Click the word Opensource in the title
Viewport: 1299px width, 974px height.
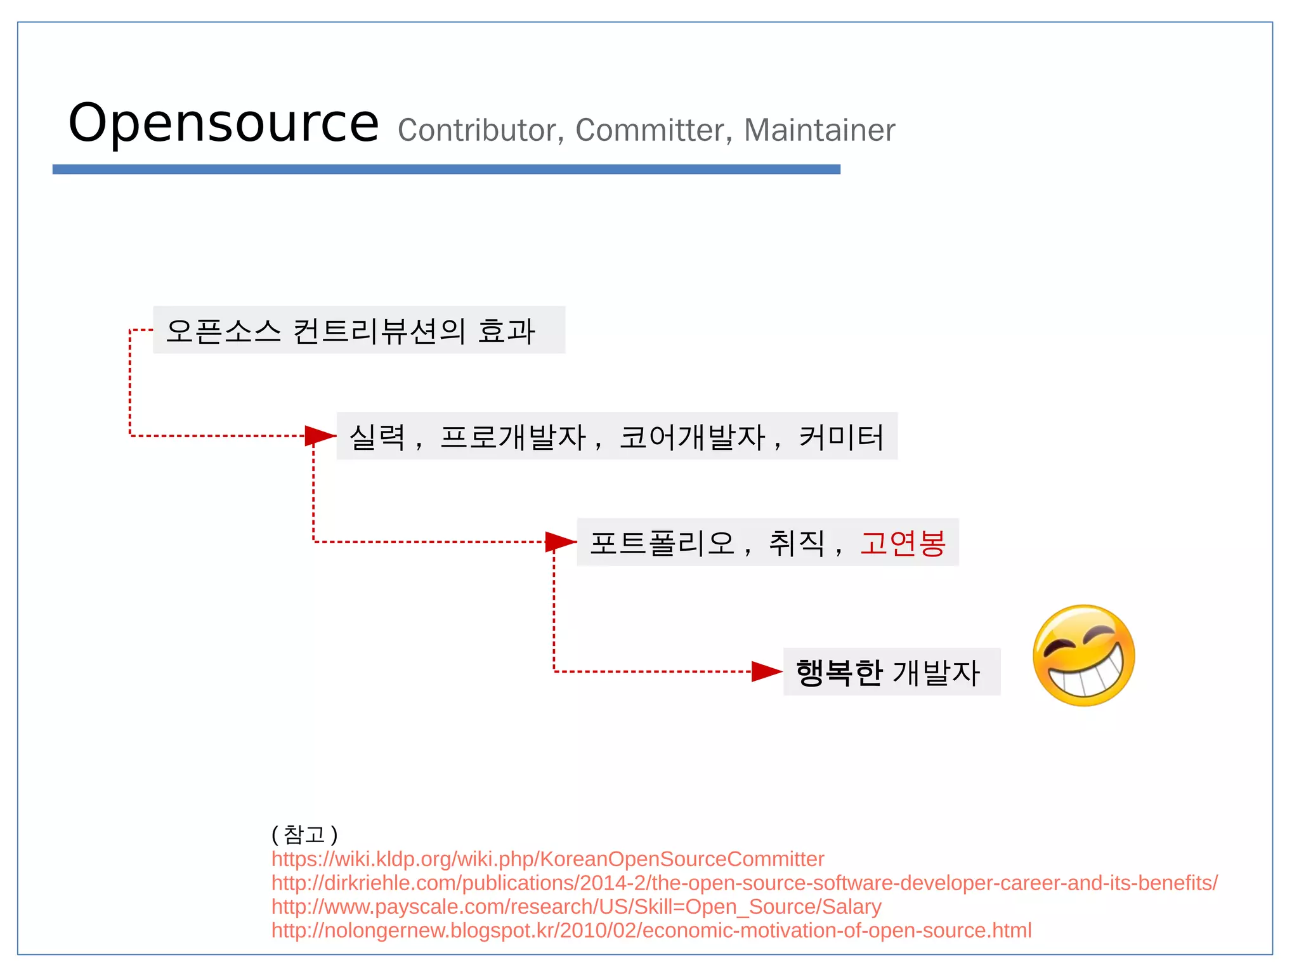pos(223,123)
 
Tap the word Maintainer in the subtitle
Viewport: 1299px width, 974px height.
pos(819,131)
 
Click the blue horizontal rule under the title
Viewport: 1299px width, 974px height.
pos(446,169)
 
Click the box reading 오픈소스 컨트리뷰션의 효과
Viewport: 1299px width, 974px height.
pos(358,331)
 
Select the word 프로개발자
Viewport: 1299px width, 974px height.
pos(513,437)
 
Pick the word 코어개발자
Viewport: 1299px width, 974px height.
pos(692,437)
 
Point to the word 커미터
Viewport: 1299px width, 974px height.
pos(841,437)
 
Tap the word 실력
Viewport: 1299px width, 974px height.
pos(377,437)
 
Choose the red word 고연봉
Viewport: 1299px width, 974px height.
pos(903,543)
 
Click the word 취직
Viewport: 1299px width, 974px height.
pos(797,543)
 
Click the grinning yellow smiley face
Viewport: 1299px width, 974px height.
pos(1083,655)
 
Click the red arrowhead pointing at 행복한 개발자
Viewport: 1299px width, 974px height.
pos(766,671)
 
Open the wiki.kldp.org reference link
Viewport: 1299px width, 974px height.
pos(547,859)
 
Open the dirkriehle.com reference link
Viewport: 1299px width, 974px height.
pos(744,883)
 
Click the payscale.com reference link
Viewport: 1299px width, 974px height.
pos(576,907)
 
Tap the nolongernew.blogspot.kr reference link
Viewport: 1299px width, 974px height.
pos(651,931)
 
